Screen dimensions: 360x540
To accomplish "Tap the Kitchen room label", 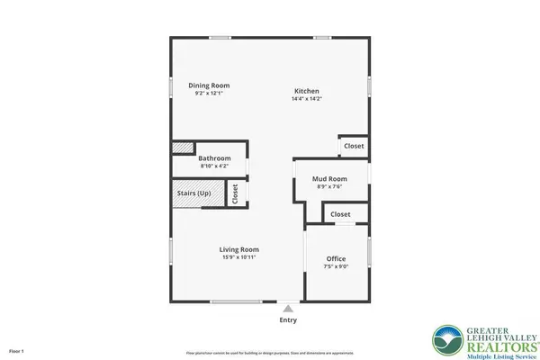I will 306,91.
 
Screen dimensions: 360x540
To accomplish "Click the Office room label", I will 336,259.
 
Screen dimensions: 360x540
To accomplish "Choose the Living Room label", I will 239,249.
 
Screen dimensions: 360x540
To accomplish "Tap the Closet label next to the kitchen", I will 353,146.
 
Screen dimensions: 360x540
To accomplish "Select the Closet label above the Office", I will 340,214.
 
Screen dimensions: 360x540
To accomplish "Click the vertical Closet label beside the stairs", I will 235,193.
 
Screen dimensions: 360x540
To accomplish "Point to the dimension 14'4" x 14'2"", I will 306,99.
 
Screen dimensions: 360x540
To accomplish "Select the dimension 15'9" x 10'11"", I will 239,257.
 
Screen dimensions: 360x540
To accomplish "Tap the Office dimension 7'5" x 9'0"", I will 336,267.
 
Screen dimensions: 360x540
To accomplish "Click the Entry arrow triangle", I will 288,308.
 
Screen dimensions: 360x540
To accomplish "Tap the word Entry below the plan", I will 288,319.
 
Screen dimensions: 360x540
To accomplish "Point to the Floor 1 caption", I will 15,350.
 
